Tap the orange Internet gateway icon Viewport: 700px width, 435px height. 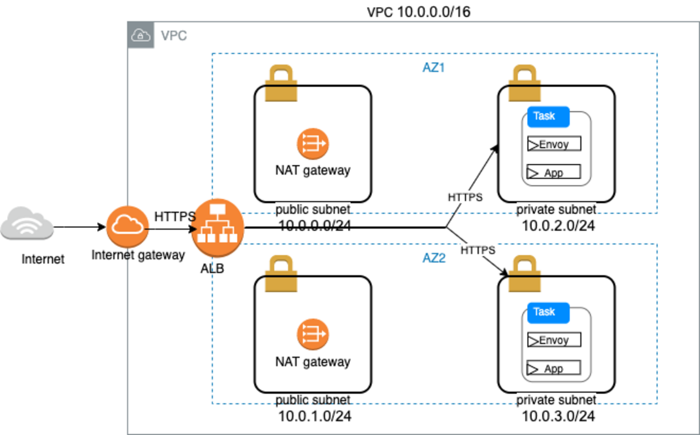point(127,228)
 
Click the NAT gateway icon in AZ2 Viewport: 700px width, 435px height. point(313,335)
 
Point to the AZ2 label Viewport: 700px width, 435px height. point(433,258)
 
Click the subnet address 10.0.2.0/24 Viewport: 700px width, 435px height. point(558,226)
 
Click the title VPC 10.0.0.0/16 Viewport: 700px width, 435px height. point(418,12)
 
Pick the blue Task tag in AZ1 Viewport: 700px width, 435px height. point(548,116)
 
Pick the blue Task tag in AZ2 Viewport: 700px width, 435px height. point(548,312)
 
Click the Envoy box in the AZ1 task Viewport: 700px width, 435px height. point(554,144)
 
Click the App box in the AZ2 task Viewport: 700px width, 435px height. point(553,369)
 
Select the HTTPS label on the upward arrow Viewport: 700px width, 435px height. point(465,198)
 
